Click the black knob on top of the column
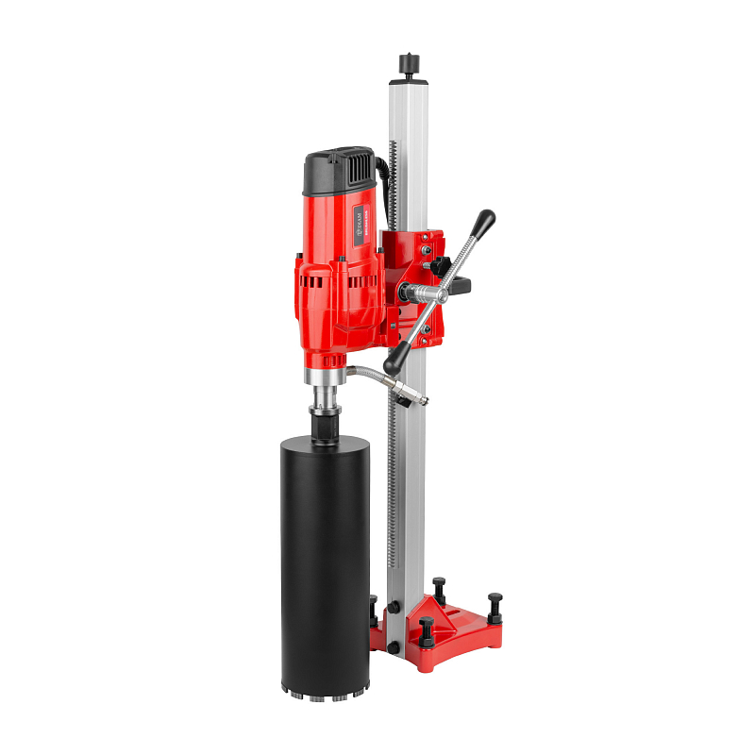409,63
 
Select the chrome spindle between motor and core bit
323,396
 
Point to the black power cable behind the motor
381,175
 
